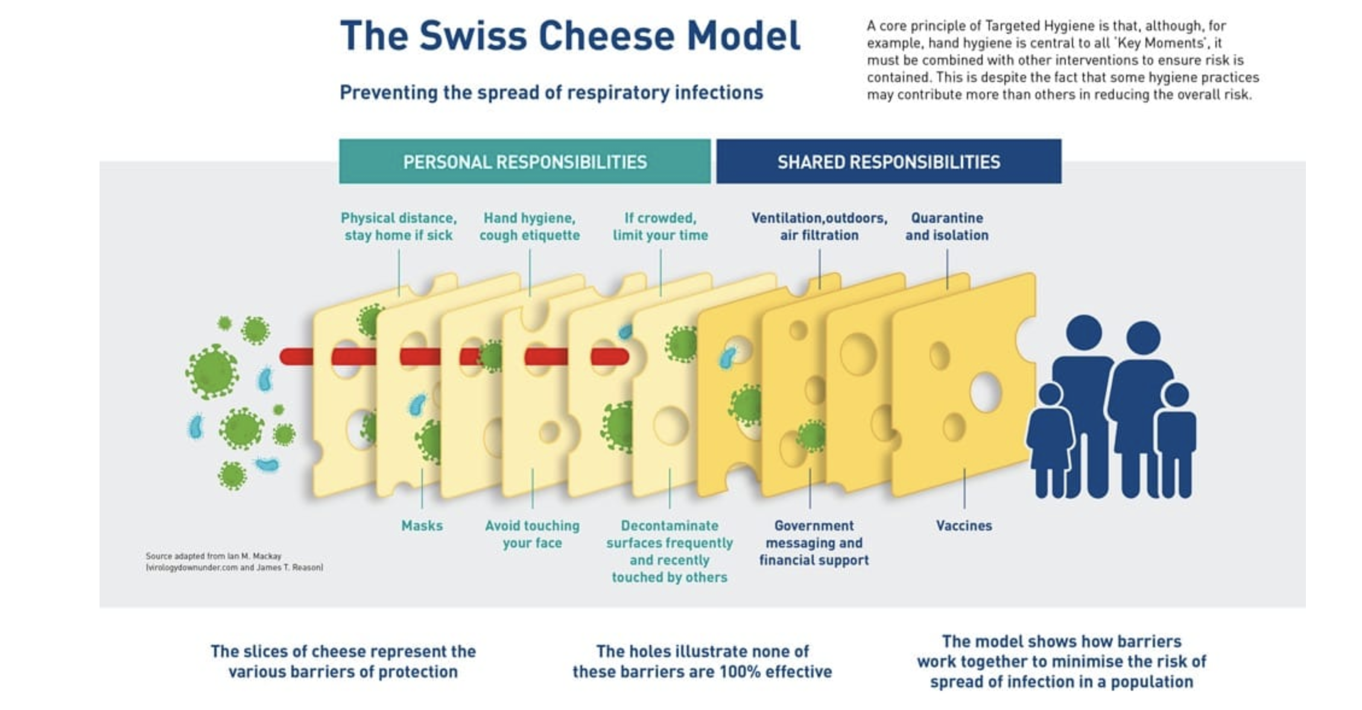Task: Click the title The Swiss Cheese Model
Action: point(570,36)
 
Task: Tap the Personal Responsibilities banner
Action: point(525,162)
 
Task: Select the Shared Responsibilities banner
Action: point(888,162)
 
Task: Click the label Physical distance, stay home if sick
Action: point(399,227)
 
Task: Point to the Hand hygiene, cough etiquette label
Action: point(530,227)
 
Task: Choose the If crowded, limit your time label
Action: point(660,227)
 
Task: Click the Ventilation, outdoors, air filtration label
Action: point(819,227)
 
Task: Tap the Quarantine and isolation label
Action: point(946,227)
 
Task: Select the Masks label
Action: point(422,526)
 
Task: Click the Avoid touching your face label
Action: point(532,534)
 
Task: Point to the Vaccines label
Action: point(964,526)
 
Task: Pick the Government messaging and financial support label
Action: point(814,542)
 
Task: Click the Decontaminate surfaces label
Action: point(670,551)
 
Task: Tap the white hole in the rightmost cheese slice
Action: point(986,392)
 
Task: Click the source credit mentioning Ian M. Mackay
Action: point(234,562)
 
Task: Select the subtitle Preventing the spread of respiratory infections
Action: point(551,93)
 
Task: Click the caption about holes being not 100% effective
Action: point(702,661)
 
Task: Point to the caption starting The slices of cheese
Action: point(343,661)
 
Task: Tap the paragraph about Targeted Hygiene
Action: point(1063,60)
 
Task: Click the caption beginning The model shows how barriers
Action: point(1062,661)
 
